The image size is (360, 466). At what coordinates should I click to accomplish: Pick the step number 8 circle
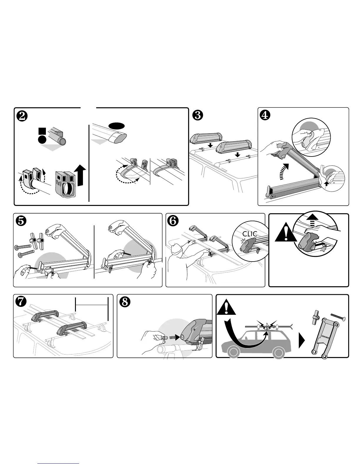coord(124,302)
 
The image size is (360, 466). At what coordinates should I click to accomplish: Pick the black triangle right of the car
coord(301,342)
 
